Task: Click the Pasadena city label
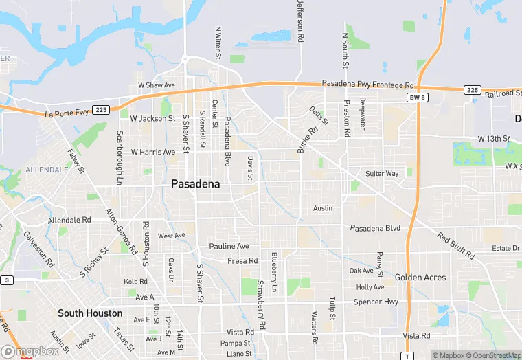click(195, 184)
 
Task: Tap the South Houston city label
click(90, 313)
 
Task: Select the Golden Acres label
click(420, 278)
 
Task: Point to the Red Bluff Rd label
click(456, 246)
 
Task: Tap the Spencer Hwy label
click(376, 302)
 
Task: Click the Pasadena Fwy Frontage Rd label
click(368, 84)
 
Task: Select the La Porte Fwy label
click(67, 114)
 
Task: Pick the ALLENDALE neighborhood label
click(47, 169)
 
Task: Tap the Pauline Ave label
click(229, 246)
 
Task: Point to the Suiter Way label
click(382, 174)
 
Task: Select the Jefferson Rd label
click(300, 22)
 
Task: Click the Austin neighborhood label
click(323, 208)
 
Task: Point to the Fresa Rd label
click(242, 261)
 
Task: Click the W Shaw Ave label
click(157, 85)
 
